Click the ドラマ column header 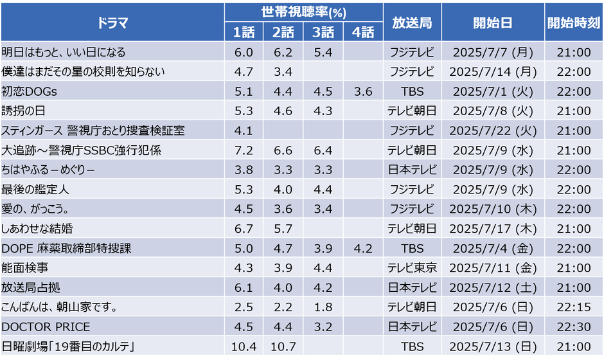coord(112,22)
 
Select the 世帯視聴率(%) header coord(303,12)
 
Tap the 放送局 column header coord(412,22)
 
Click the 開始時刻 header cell coord(574,22)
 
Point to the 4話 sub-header coord(362,32)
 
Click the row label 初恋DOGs coord(30,91)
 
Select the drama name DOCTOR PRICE coord(46,327)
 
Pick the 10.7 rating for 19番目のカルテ coord(283,346)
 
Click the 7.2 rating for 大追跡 coord(244,150)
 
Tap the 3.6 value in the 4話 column coord(362,91)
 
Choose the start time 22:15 coord(574,307)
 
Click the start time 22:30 coord(574,327)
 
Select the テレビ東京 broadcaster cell coord(412,267)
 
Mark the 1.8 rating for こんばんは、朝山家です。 coord(323,307)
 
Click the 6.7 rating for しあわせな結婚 coord(244,228)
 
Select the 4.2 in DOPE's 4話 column coord(362,248)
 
